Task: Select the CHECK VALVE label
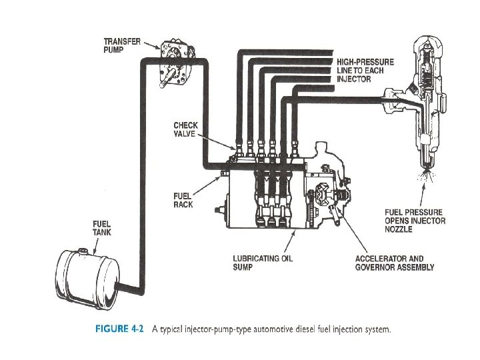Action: point(185,129)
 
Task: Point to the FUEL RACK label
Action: point(183,200)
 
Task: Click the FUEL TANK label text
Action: point(102,228)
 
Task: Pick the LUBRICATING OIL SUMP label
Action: point(262,263)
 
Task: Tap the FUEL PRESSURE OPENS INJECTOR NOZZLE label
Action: point(415,221)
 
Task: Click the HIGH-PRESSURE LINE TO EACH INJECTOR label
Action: point(365,71)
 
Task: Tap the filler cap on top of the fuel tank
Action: point(83,251)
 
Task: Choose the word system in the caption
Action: point(375,329)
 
